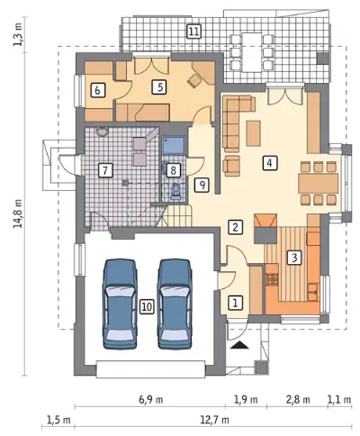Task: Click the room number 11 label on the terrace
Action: (x=194, y=32)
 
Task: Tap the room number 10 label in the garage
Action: (x=147, y=306)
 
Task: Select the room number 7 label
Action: (x=105, y=170)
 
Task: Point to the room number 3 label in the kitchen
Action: (x=294, y=258)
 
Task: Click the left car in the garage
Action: (x=120, y=304)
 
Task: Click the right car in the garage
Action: (x=175, y=304)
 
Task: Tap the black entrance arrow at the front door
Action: (x=240, y=345)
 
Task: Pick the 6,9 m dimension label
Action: (x=151, y=400)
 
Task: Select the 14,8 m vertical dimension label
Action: (x=19, y=213)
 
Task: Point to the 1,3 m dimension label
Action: (x=18, y=35)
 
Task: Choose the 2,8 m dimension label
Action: (x=298, y=400)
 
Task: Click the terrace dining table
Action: (x=251, y=51)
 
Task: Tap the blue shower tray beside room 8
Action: (x=174, y=145)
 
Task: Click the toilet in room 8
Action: (x=175, y=192)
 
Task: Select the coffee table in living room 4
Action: (x=254, y=133)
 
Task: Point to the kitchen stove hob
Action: (x=273, y=279)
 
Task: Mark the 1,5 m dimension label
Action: (x=58, y=420)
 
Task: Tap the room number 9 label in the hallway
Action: (x=202, y=186)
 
